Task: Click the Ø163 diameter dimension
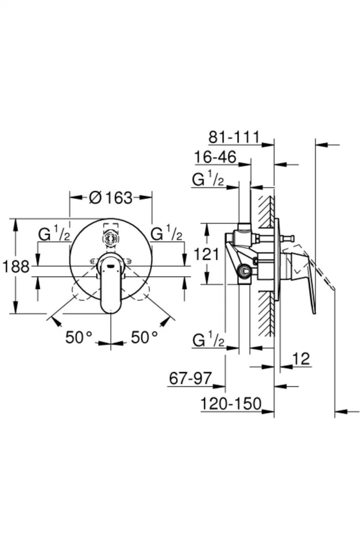(111, 198)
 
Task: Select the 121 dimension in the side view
(206, 254)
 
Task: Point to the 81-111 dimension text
(234, 137)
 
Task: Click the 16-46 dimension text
(216, 157)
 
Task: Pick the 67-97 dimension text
(191, 378)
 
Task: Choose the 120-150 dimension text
(231, 404)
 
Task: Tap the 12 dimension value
(301, 359)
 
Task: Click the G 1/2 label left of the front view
(54, 234)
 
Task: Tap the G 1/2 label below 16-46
(208, 180)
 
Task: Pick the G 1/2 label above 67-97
(208, 340)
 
